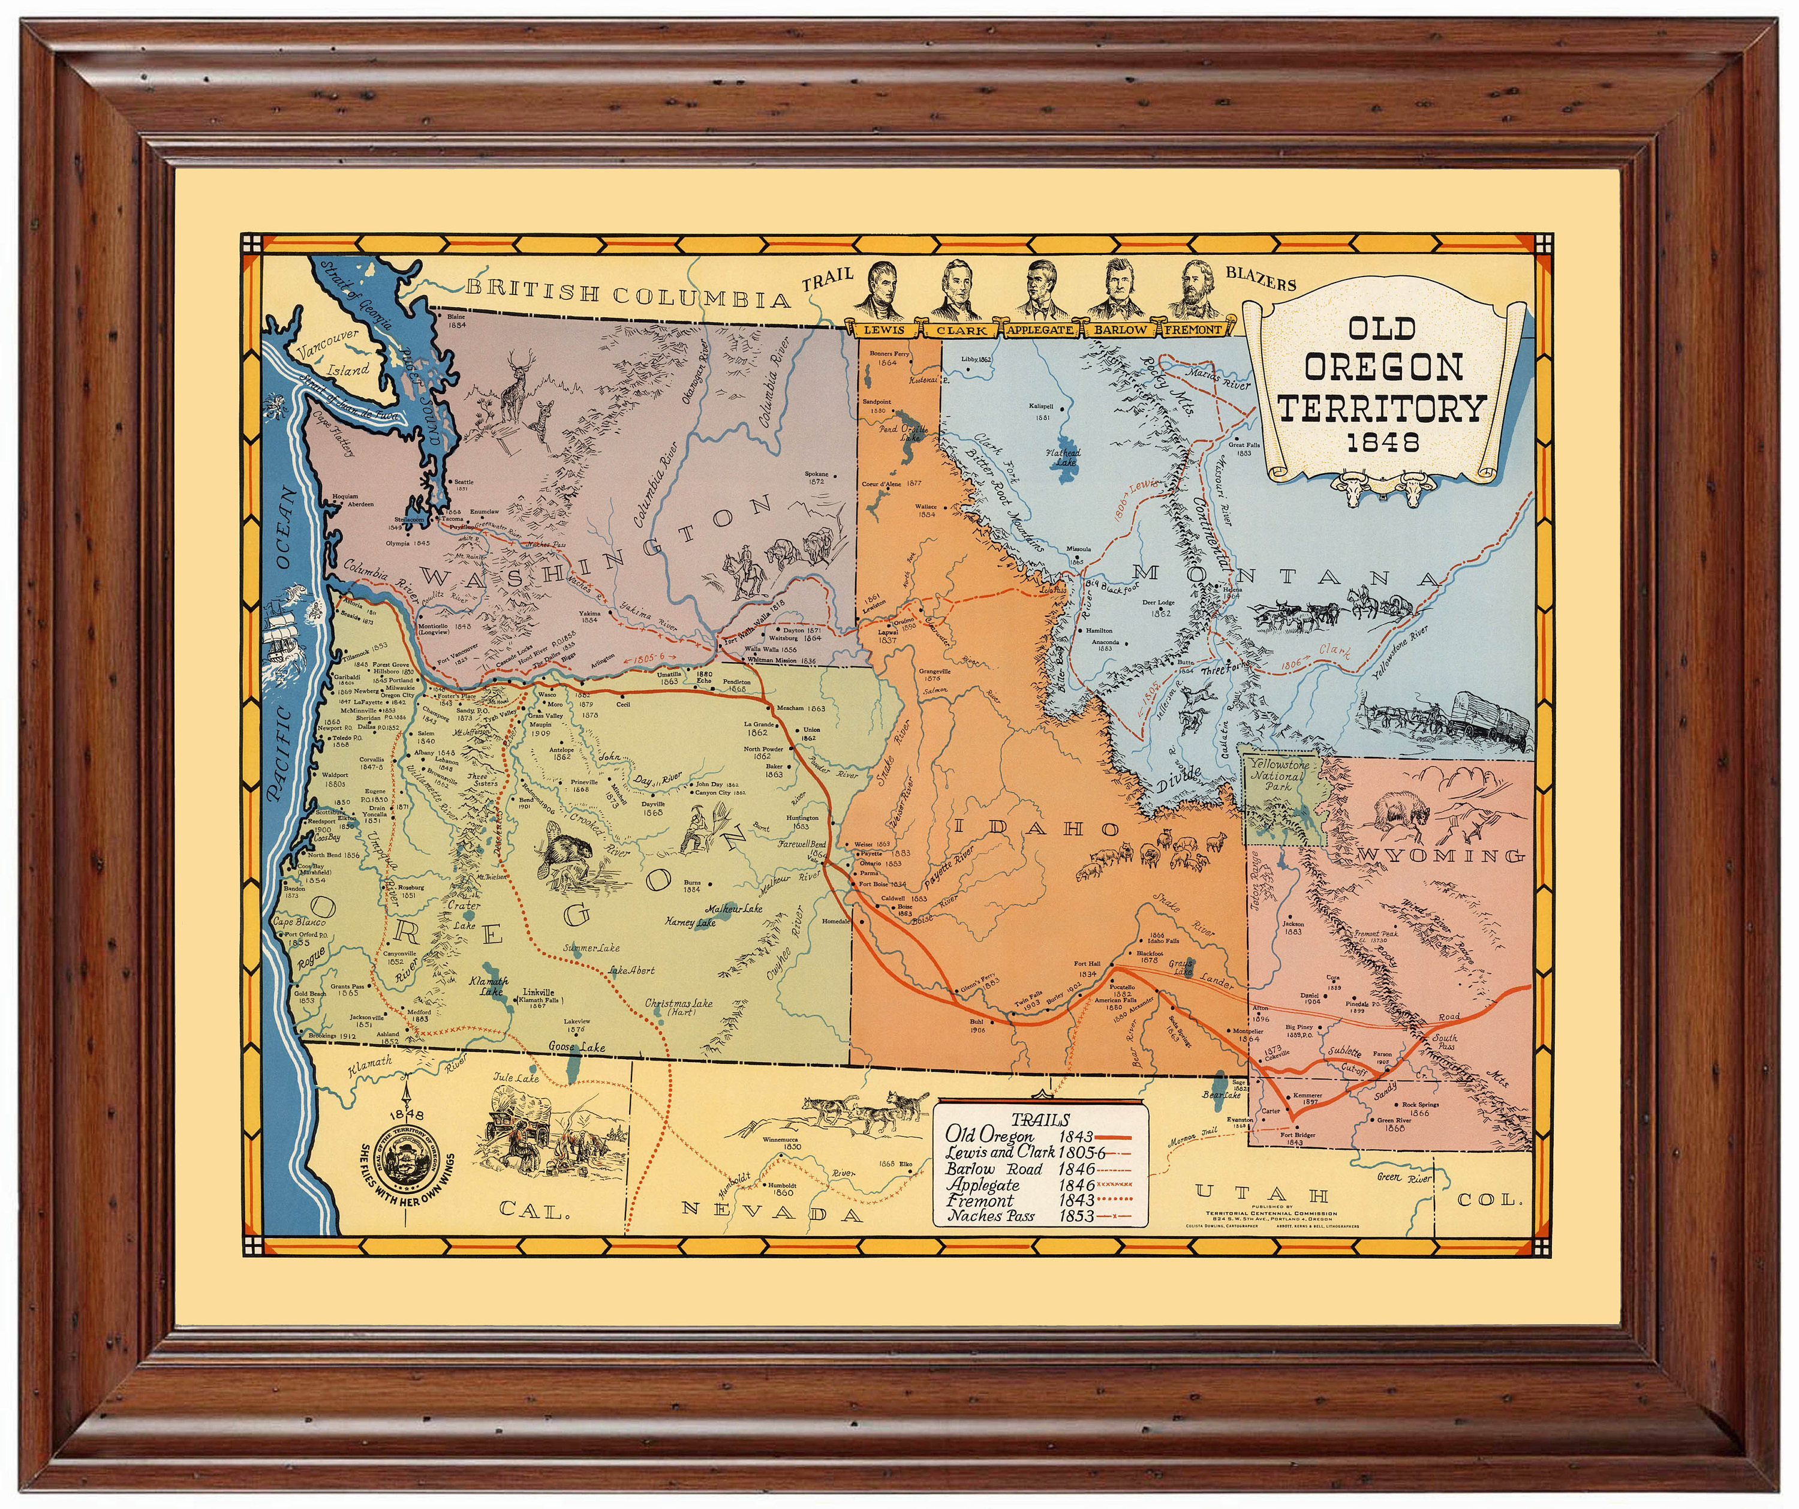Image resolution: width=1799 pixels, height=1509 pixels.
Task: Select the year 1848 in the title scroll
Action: click(x=1382, y=443)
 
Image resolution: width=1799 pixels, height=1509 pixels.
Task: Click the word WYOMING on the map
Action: click(x=1442, y=856)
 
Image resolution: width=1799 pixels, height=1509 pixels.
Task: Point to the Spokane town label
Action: click(x=816, y=476)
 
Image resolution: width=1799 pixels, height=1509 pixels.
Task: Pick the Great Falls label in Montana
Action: click(x=1244, y=448)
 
